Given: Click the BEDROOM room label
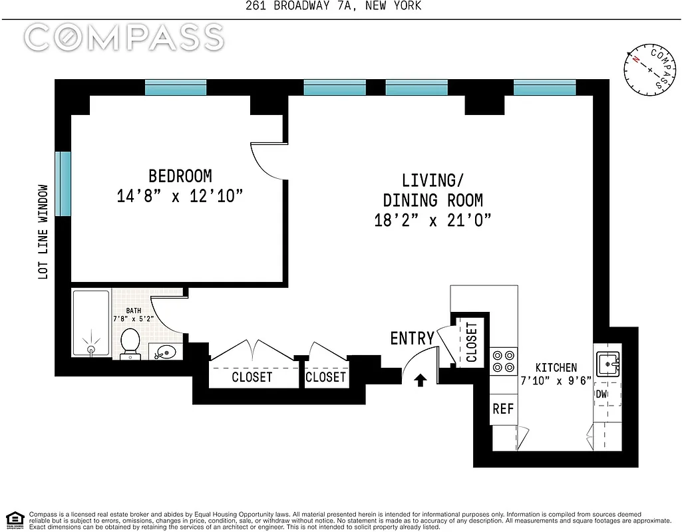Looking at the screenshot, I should click(x=180, y=176).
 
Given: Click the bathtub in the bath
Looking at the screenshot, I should click(x=90, y=324).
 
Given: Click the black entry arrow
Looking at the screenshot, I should click(x=420, y=380).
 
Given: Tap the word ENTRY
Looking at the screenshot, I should click(x=412, y=338).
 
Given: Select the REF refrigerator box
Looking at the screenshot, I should click(x=503, y=409).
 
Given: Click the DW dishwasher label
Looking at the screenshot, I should click(x=601, y=394).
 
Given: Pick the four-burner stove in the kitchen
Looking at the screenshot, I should click(x=504, y=361).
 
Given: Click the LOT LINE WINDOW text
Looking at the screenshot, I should click(x=44, y=231).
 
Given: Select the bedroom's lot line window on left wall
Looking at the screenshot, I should click(x=63, y=184).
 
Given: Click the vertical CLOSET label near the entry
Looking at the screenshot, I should click(x=472, y=342).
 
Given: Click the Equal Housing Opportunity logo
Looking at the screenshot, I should click(x=15, y=519).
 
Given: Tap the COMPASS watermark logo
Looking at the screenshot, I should click(x=124, y=38).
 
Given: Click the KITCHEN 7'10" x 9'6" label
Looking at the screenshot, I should click(x=557, y=374).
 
